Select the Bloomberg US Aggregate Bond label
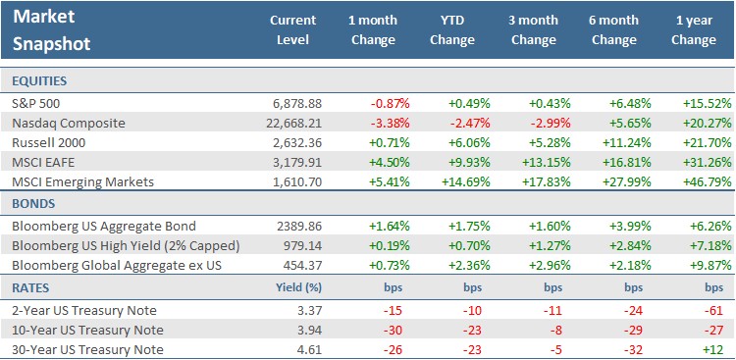(x=93, y=225)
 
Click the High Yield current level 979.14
(x=298, y=245)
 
